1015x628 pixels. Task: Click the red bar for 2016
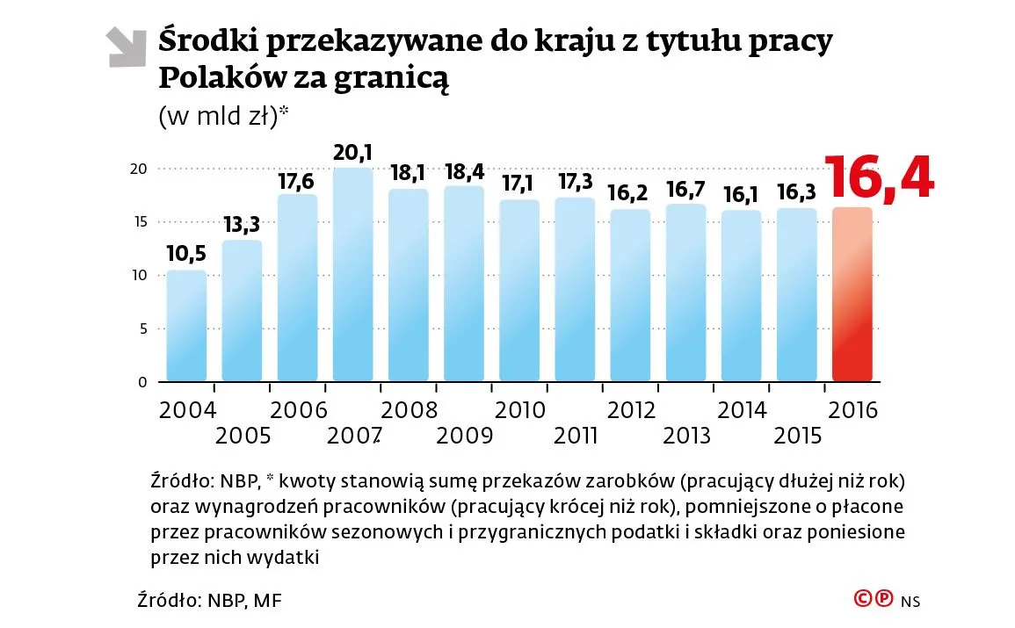point(852,295)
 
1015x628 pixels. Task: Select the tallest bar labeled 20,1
point(353,275)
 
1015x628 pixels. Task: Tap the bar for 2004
point(186,326)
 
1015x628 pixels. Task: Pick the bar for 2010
point(519,291)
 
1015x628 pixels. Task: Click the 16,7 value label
point(685,189)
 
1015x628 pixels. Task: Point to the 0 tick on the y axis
point(143,382)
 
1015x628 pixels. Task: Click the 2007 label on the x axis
point(353,435)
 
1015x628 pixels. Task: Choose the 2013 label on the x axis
point(685,435)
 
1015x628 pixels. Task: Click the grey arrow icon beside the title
point(126,47)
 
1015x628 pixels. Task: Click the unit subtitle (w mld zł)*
point(223,117)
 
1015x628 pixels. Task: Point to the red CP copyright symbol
point(873,599)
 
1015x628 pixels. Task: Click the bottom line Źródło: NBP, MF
point(211,601)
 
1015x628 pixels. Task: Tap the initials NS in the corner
point(910,601)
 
